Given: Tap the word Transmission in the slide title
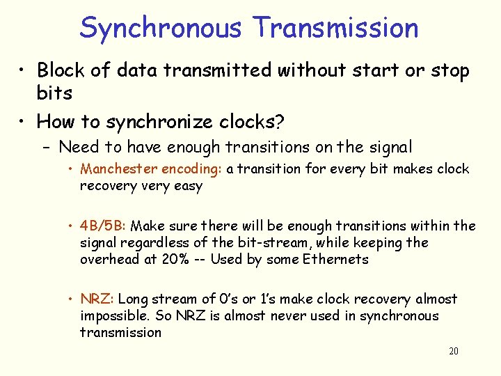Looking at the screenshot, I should click(x=336, y=29).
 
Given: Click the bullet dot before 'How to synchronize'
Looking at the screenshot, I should click(x=23, y=123).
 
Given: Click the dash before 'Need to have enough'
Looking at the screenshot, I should click(x=46, y=148).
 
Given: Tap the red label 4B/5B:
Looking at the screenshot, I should click(x=104, y=226).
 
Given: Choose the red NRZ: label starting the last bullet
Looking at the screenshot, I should click(x=97, y=299).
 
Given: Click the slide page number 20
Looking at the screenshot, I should click(x=453, y=351).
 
